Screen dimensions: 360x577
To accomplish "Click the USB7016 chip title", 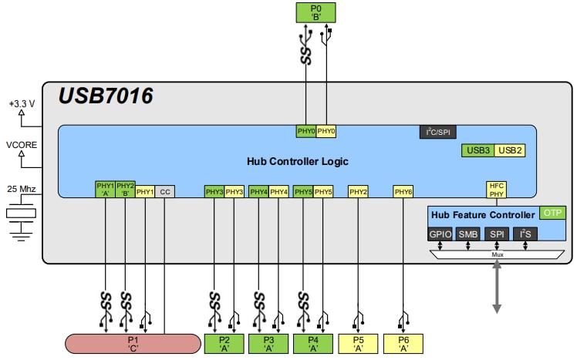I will tap(106, 96).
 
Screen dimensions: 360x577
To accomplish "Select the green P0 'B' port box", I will tap(317, 12).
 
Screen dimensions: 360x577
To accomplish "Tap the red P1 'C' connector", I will tap(133, 342).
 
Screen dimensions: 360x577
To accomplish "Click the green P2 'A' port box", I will tap(224, 342).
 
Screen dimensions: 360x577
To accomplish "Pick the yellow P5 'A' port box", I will tap(358, 342).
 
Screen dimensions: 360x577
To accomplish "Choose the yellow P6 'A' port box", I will tap(403, 342).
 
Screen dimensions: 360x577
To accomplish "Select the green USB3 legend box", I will tap(477, 150).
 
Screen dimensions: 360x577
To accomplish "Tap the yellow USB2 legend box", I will tap(509, 150).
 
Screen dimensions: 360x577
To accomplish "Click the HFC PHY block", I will tap(496, 189).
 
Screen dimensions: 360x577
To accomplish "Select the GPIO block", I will tap(440, 234).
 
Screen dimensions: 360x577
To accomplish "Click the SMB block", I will tap(468, 234).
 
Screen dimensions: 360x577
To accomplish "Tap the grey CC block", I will tap(165, 191).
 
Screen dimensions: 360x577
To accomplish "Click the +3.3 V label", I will tap(21, 102).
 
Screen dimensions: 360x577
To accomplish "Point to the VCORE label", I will tap(21, 144).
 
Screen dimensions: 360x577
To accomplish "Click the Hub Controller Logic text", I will tap(298, 161).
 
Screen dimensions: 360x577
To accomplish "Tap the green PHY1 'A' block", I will tap(105, 190).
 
